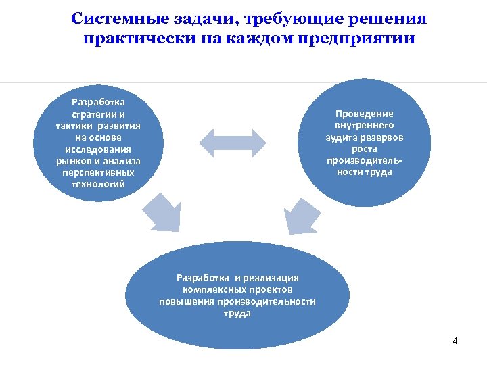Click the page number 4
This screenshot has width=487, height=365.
(x=455, y=341)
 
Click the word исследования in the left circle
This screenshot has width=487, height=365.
(x=98, y=149)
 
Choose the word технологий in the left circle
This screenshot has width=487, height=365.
(x=98, y=185)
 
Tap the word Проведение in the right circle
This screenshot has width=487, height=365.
(x=364, y=114)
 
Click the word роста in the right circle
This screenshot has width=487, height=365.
(x=364, y=149)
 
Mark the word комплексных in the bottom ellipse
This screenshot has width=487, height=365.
(x=218, y=289)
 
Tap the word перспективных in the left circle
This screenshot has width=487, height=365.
(x=98, y=173)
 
